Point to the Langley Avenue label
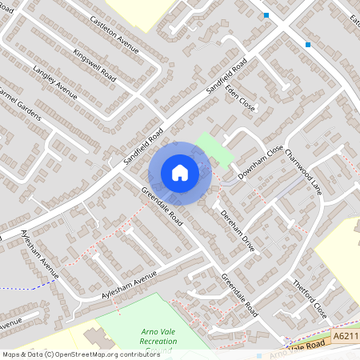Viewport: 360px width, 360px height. point(55,83)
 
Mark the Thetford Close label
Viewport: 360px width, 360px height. point(310,297)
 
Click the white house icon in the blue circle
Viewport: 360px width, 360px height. point(180,172)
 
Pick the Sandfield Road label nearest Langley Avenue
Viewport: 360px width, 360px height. point(144,146)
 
